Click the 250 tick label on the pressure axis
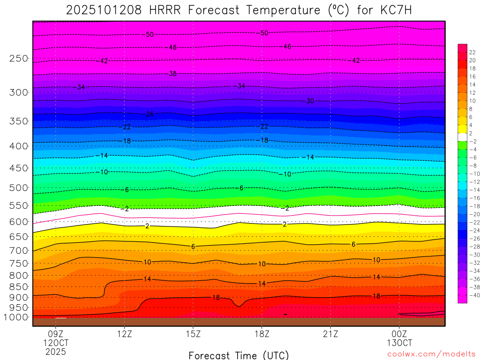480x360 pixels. click(x=18, y=59)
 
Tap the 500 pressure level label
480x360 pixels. click(x=18, y=188)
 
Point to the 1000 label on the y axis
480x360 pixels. click(x=16, y=317)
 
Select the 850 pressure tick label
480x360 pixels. click(x=18, y=286)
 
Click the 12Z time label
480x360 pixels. click(x=124, y=335)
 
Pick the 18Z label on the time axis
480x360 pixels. click(x=262, y=335)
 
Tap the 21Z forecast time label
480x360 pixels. click(x=330, y=335)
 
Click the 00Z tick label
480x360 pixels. click(x=399, y=335)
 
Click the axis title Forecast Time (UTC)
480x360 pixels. click(x=239, y=355)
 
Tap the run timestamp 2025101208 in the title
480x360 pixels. click(x=104, y=10)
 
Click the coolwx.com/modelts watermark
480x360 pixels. click(x=431, y=354)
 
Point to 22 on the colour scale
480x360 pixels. click(x=472, y=52)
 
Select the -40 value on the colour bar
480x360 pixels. click(x=473, y=295)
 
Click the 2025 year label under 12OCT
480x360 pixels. click(x=56, y=352)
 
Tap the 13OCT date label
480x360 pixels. click(x=399, y=343)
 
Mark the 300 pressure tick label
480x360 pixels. click(x=18, y=92)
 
